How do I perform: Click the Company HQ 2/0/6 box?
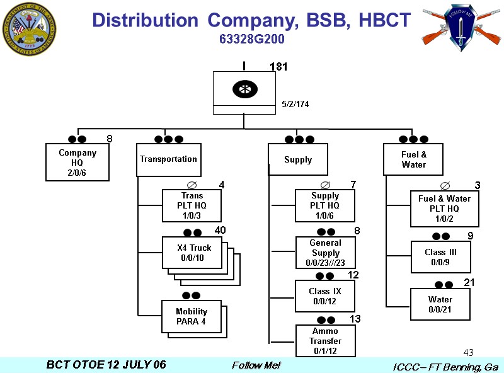tap(77, 163)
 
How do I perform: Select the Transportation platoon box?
tap(168, 159)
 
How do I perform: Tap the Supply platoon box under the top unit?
tap(298, 159)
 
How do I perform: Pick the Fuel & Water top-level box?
tap(414, 159)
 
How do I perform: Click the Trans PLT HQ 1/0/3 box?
tap(192, 205)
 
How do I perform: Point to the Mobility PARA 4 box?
tap(192, 316)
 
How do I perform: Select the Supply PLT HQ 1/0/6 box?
tap(325, 205)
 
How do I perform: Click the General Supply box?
tap(326, 253)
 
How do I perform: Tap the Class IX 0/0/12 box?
tap(325, 296)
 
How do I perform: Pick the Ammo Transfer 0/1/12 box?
tap(325, 341)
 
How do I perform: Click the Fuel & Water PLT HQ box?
tap(444, 209)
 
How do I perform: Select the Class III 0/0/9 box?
tap(440, 257)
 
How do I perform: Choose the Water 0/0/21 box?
tap(440, 304)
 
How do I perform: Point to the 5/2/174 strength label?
tap(295, 103)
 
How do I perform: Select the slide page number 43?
tap(468, 352)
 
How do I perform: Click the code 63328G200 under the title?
tap(252, 39)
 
